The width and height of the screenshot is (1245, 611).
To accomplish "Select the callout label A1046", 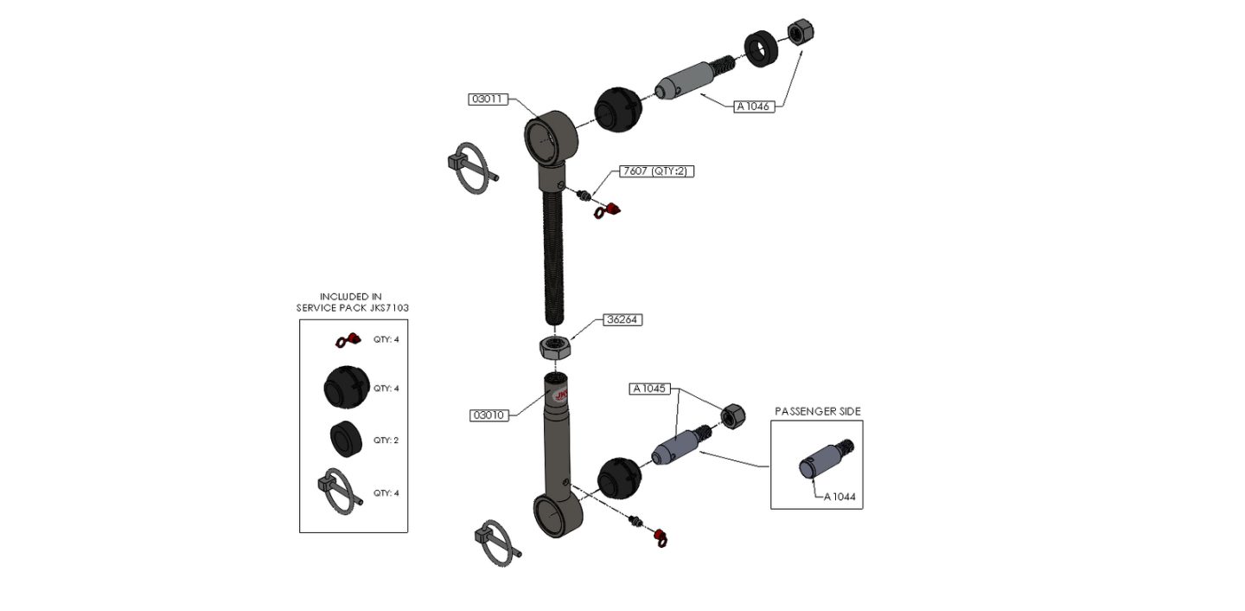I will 753,106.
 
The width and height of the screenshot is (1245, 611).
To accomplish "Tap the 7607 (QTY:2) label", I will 657,171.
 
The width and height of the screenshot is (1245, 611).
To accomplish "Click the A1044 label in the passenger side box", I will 842,497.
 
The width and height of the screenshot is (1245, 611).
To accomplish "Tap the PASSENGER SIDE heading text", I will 817,411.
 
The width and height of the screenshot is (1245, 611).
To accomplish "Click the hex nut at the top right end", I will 800,34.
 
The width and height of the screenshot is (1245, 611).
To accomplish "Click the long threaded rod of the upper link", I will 552,260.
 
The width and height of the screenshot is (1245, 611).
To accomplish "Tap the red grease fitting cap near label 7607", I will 611,210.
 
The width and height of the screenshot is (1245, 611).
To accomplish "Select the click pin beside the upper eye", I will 471,167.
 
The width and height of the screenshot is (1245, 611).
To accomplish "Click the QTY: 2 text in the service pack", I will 386,441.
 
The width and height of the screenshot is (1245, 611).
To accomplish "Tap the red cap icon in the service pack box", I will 348,340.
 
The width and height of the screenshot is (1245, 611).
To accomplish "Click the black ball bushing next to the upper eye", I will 617,110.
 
